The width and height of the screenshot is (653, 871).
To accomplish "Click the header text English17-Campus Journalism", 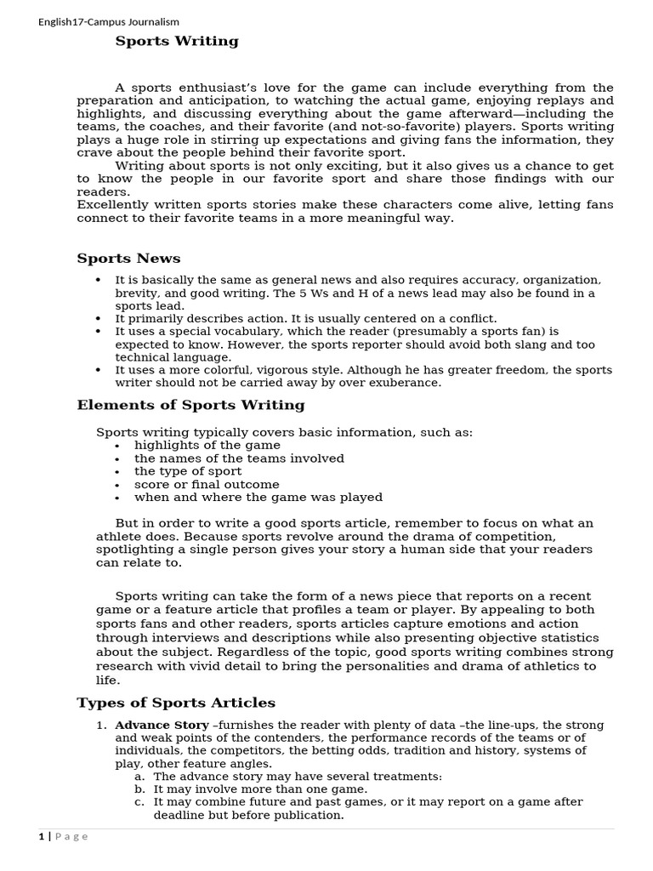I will click(x=109, y=22).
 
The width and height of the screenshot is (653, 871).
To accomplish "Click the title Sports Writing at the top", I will click(x=177, y=41).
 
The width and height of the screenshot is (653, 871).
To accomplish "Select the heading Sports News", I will click(x=128, y=259).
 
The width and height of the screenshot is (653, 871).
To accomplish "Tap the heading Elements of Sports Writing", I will click(x=190, y=405).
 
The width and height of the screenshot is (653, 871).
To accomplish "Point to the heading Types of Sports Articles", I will click(x=176, y=703).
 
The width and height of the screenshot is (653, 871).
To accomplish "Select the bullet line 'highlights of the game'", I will click(x=207, y=445).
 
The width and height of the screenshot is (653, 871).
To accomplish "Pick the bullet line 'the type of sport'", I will click(x=188, y=471).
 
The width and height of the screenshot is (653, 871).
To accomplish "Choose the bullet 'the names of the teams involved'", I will click(x=239, y=458).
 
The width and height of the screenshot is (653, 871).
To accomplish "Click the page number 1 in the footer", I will click(x=41, y=836).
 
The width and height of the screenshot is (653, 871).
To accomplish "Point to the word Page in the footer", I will click(x=72, y=836).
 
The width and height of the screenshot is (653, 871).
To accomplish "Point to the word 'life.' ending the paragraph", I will click(x=108, y=680).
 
